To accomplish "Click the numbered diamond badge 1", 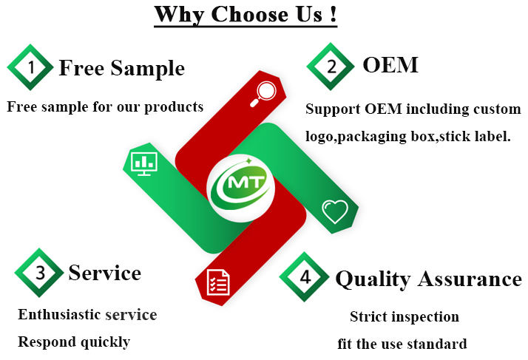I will [30, 67].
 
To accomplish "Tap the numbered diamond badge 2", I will [330, 67].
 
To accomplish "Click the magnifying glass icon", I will [265, 92].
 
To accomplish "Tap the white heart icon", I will [334, 212].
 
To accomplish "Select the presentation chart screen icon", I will [143, 161].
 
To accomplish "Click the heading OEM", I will [390, 65].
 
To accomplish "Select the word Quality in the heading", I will [372, 279].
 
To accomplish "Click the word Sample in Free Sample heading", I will [148, 68].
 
